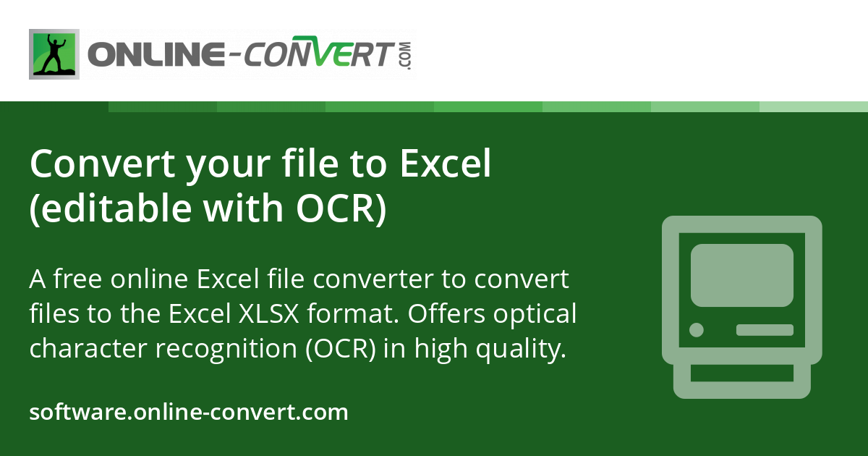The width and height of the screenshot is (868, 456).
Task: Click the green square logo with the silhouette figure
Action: coord(54,54)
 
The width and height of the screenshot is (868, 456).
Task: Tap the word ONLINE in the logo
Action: coord(156,54)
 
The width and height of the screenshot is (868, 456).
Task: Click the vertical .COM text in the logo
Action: coord(406,56)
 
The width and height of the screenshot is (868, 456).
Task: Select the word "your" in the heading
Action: coord(227,165)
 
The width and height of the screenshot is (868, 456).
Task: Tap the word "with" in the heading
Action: coord(243,208)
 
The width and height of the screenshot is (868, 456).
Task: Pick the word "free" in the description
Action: coord(77,279)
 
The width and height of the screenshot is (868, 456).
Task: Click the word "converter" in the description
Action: coord(373,279)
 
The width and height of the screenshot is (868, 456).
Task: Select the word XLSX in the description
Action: coord(268,313)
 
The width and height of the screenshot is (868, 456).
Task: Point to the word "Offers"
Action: coord(446,313)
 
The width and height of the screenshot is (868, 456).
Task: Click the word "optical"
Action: coord(535,314)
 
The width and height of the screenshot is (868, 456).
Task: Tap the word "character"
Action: coord(88,348)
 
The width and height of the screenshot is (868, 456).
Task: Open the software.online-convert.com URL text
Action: coord(189,412)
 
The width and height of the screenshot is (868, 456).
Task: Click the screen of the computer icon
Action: coord(742,275)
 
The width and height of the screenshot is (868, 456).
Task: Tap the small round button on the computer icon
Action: coord(697,330)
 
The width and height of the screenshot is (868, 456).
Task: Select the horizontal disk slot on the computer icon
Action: coord(765,330)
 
